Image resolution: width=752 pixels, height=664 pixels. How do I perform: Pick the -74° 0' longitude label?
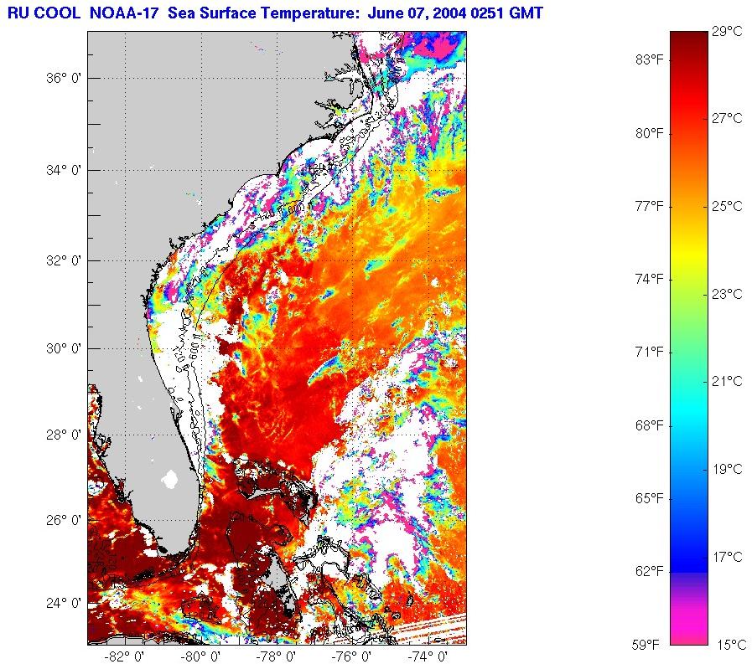[x=426, y=656]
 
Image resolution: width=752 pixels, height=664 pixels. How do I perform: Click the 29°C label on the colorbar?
[x=726, y=31]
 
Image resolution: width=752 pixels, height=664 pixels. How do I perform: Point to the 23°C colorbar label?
[x=726, y=294]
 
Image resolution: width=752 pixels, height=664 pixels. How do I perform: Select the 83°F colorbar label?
[x=650, y=59]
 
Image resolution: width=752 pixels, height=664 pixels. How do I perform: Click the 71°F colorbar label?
[x=650, y=351]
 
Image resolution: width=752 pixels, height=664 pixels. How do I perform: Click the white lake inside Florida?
[x=170, y=479]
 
